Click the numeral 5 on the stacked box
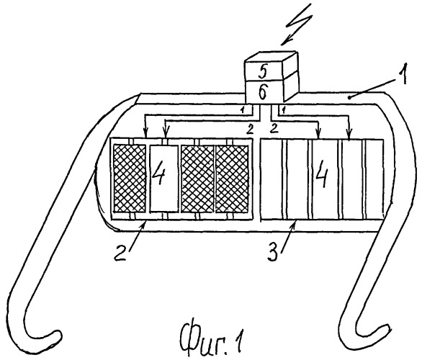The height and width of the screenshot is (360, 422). (264, 71)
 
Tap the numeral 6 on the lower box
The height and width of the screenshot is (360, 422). (263, 92)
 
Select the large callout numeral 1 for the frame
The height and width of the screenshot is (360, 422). (402, 73)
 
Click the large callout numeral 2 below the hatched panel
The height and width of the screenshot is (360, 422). (120, 252)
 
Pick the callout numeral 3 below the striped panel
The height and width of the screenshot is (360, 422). (273, 252)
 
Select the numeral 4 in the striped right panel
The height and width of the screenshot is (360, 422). (322, 176)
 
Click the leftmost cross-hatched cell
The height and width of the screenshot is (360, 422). (130, 178)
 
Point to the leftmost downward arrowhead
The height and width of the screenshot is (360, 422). (145, 134)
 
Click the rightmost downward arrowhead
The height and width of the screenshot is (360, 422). (349, 135)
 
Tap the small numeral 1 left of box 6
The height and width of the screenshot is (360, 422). (242, 109)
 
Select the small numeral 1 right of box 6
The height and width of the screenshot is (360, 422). (283, 110)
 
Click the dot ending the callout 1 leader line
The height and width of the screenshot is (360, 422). (349, 98)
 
